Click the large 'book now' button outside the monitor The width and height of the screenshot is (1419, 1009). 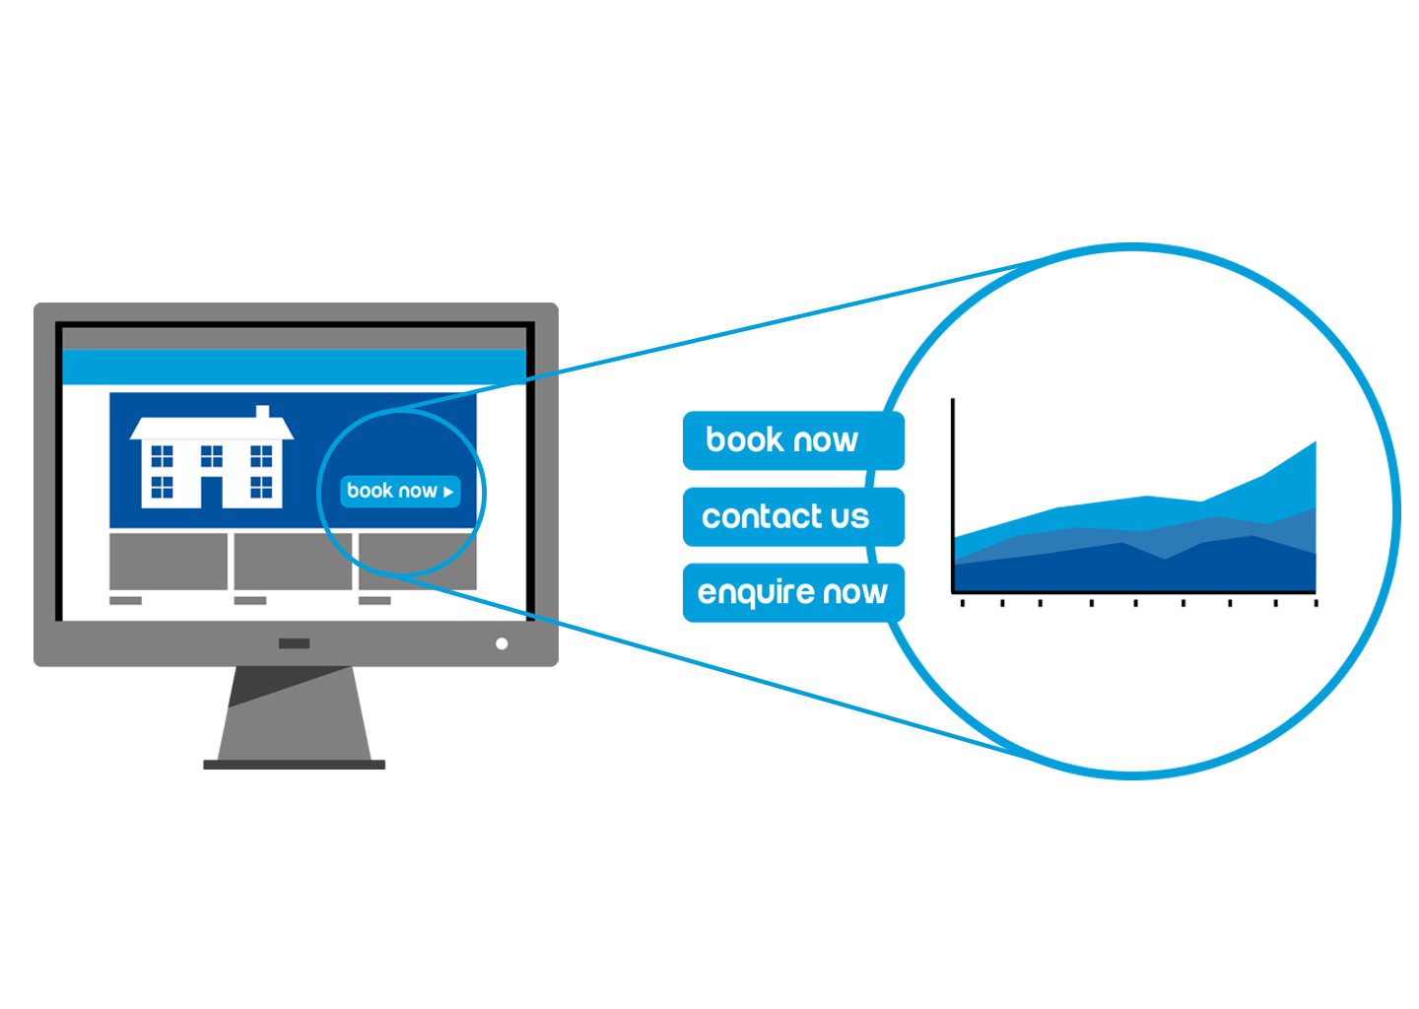(x=793, y=440)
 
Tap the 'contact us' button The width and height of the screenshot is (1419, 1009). (x=793, y=517)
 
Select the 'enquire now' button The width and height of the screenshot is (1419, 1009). (x=793, y=593)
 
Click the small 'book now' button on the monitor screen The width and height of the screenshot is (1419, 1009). (x=400, y=492)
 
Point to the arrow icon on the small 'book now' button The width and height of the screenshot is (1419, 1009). (x=448, y=492)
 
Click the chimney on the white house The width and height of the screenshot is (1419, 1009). (x=262, y=412)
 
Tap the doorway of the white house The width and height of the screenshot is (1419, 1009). (x=212, y=492)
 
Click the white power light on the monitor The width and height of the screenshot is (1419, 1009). (x=502, y=644)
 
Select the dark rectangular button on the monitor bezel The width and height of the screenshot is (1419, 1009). (x=295, y=643)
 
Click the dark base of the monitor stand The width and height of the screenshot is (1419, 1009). (x=294, y=765)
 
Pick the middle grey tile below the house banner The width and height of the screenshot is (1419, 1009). (x=293, y=562)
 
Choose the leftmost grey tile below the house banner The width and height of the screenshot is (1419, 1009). (x=169, y=562)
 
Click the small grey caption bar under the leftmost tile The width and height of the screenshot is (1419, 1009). (x=125, y=600)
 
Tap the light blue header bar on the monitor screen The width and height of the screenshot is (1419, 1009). (x=294, y=367)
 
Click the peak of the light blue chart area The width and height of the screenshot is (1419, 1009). (x=1316, y=442)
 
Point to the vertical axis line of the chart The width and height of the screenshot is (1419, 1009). (x=953, y=496)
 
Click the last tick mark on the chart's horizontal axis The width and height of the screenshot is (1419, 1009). (x=1316, y=603)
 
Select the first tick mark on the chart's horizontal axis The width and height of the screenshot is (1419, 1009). (x=962, y=603)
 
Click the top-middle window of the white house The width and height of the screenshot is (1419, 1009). (x=212, y=456)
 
